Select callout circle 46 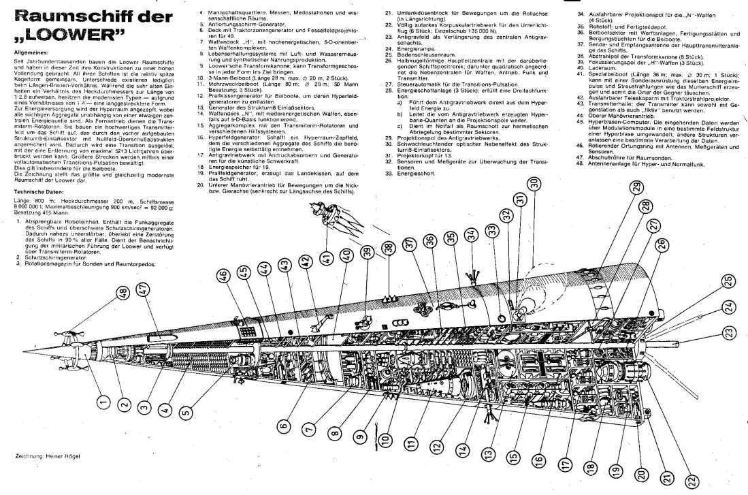click(x=223, y=275)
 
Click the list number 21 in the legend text click(x=389, y=13)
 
